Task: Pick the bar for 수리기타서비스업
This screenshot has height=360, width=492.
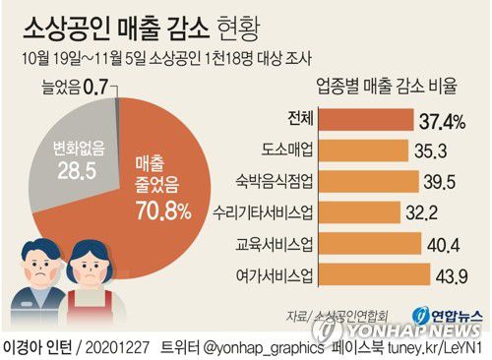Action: pyautogui.click(x=359, y=211)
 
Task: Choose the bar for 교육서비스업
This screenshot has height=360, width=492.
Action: pyautogui.click(x=371, y=243)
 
